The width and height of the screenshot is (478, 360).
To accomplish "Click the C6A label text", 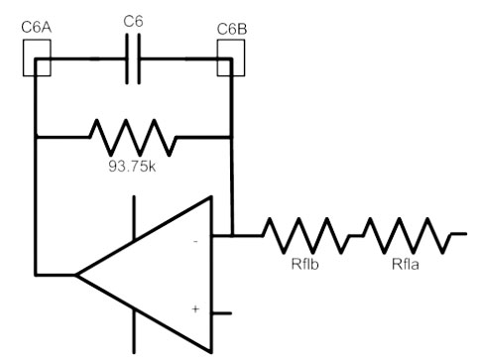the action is (x=37, y=28).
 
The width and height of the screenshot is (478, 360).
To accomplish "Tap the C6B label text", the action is (x=232, y=30).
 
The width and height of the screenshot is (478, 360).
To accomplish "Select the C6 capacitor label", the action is (x=133, y=22).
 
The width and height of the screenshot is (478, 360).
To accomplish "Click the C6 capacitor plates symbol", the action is (x=133, y=59).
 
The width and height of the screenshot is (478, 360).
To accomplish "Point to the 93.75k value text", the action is (x=132, y=167).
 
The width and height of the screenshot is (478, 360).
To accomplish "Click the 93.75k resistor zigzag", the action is (x=133, y=137).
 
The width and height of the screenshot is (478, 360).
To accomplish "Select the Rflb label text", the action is (x=304, y=264).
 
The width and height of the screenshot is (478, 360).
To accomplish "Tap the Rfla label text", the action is (x=406, y=264).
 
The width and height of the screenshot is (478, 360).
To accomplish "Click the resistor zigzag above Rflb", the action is (x=305, y=235).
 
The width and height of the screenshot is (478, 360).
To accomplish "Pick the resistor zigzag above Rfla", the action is (x=408, y=235).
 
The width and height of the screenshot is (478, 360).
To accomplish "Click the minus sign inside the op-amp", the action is (x=195, y=242).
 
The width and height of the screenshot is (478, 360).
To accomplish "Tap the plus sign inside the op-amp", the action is (x=195, y=309).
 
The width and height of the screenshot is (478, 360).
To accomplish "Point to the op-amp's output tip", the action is (x=75, y=275).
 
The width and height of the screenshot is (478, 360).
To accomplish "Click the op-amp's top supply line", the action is (x=134, y=217).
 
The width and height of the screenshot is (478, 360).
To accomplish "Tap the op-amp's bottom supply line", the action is (x=134, y=331).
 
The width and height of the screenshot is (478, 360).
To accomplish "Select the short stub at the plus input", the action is (x=221, y=313).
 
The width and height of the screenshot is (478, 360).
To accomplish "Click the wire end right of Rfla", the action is (x=466, y=234).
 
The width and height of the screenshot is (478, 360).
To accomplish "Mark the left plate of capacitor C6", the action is (x=127, y=59).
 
